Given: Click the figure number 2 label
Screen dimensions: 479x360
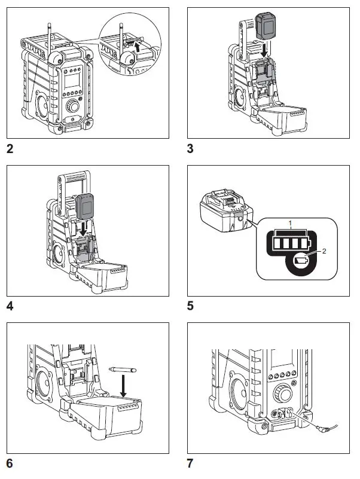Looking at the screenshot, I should [x=10, y=148].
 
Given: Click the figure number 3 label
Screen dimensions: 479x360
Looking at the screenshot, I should [x=191, y=148].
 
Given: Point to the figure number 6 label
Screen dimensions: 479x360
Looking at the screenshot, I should [x=10, y=463].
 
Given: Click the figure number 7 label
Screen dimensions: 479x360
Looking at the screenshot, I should [x=191, y=463].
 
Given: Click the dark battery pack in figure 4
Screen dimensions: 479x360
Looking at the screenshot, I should [x=87, y=209].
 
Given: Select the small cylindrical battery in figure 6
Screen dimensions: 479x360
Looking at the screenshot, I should [x=123, y=371].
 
